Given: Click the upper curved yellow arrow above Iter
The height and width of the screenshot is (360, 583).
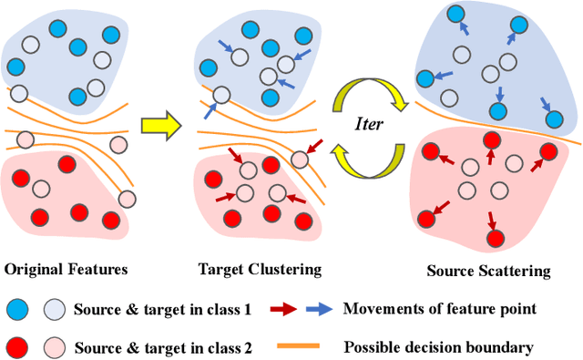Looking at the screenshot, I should click(x=373, y=93).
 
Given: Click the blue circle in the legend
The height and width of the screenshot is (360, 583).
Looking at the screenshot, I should click(x=21, y=308).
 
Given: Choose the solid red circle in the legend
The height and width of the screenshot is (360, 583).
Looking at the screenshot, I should click(x=21, y=346).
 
